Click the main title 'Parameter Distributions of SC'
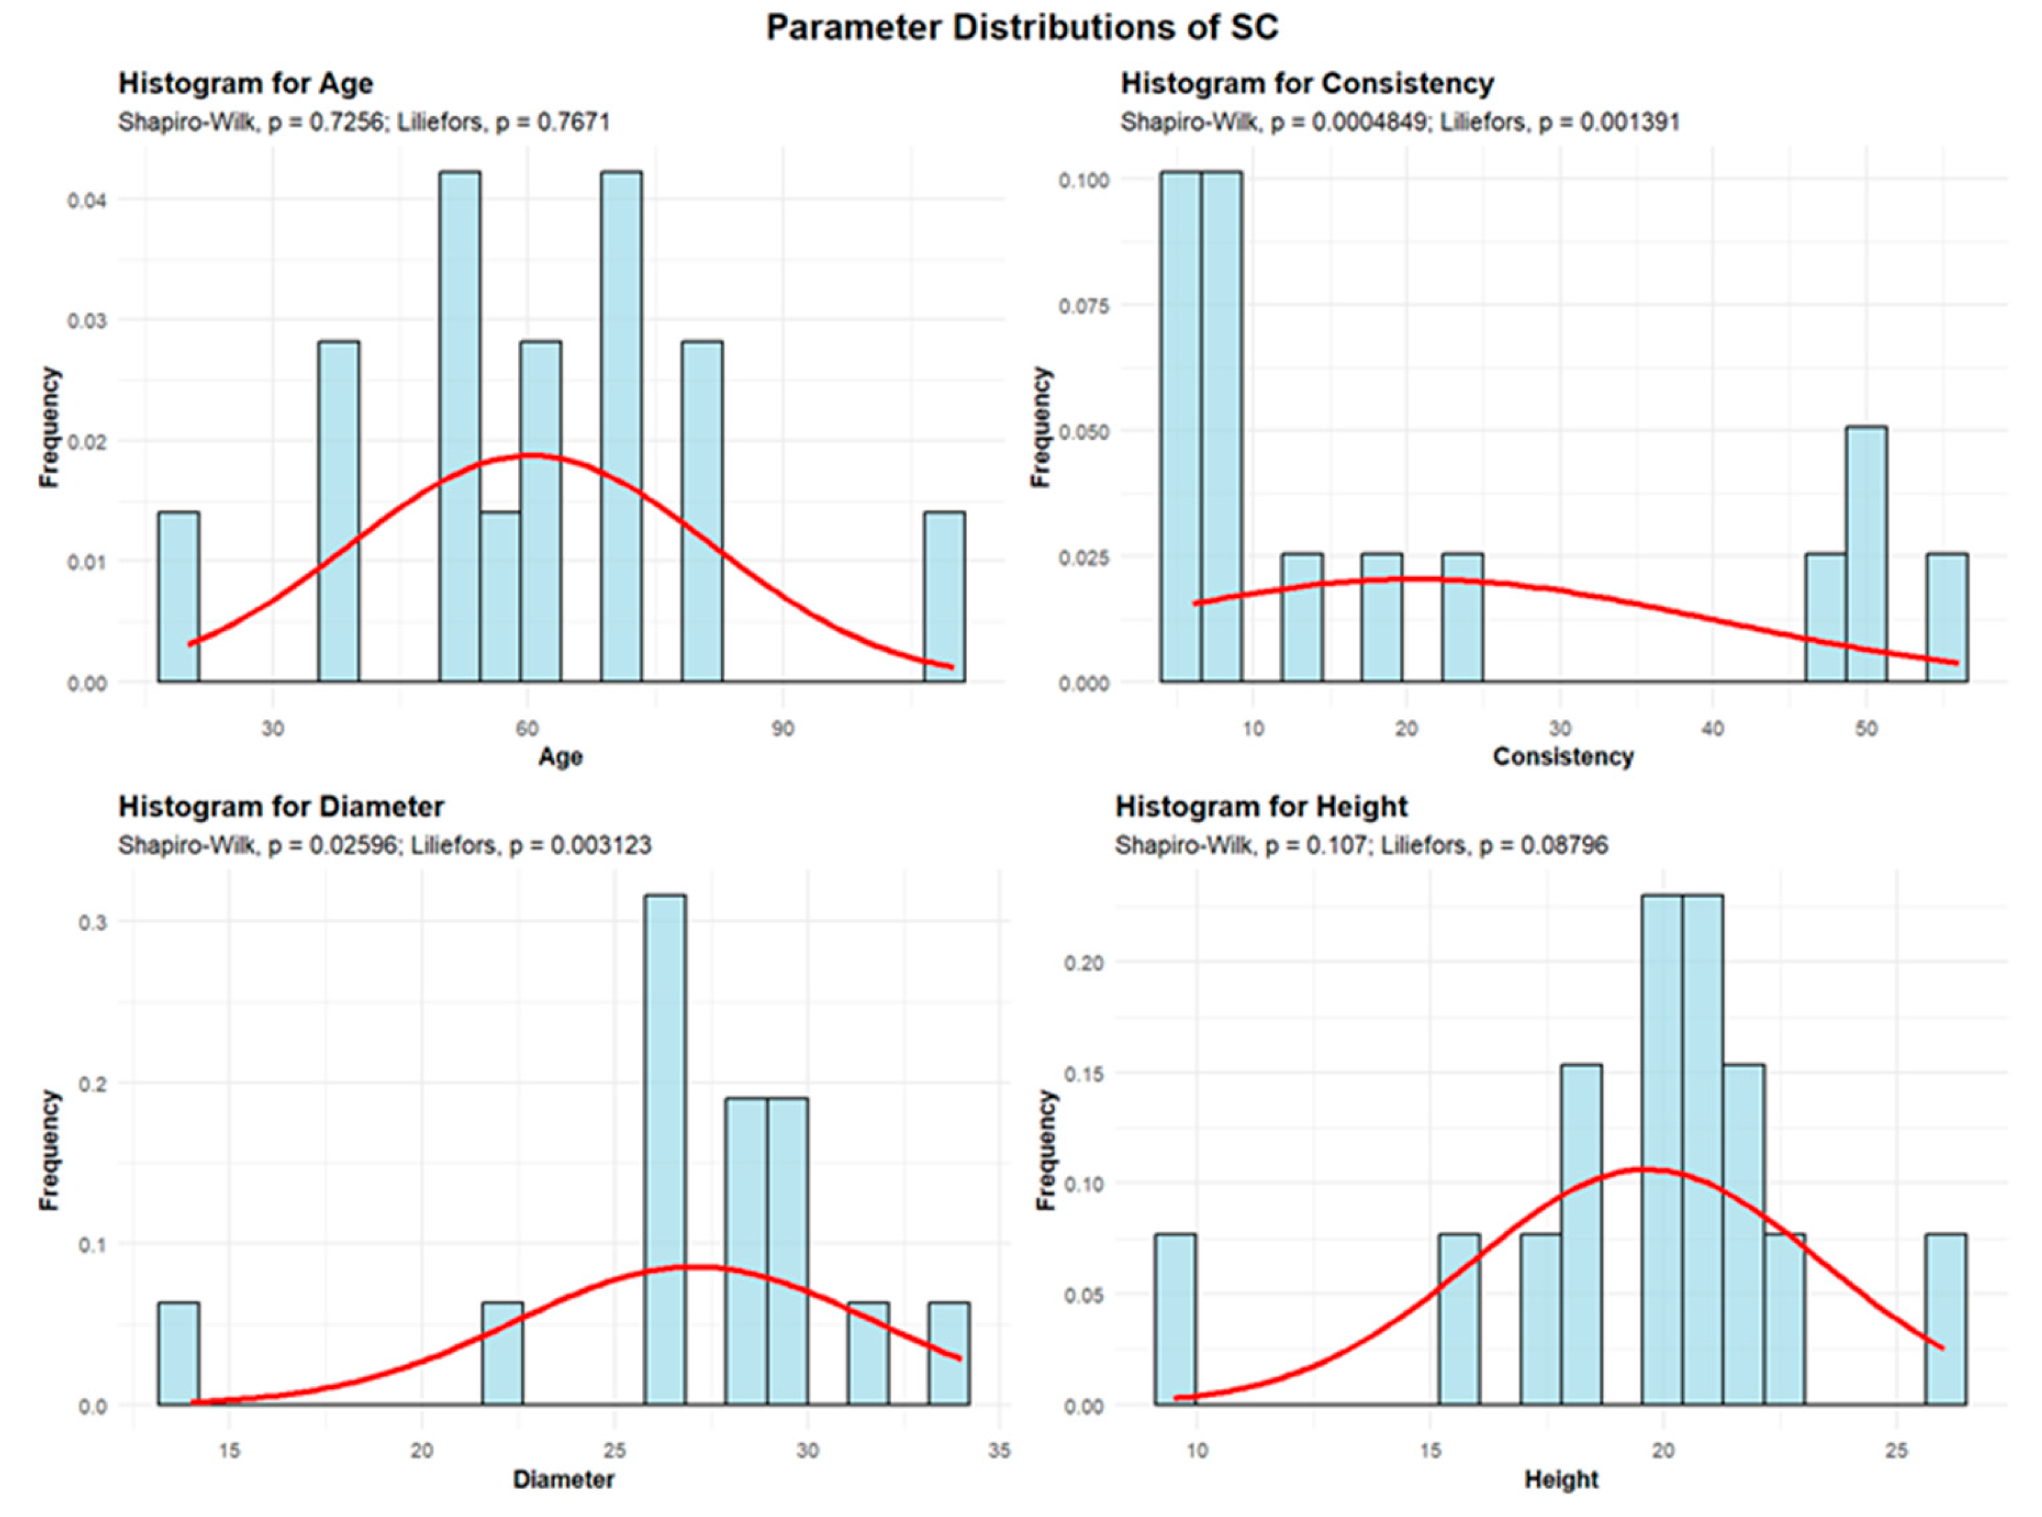[1021, 27]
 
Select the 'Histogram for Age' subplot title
[245, 83]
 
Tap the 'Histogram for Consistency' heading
[1306, 83]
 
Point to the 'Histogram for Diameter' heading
[281, 806]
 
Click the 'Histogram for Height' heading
[1261, 806]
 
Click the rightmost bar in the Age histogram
[944, 597]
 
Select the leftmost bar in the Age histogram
[178, 597]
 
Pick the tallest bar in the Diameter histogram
[665, 1148]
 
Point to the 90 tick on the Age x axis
[783, 729]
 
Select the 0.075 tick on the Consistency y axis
[1085, 306]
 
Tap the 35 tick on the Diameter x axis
[999, 1451]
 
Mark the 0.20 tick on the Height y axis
[1085, 962]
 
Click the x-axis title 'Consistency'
[1563, 757]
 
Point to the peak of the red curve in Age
[531, 455]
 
